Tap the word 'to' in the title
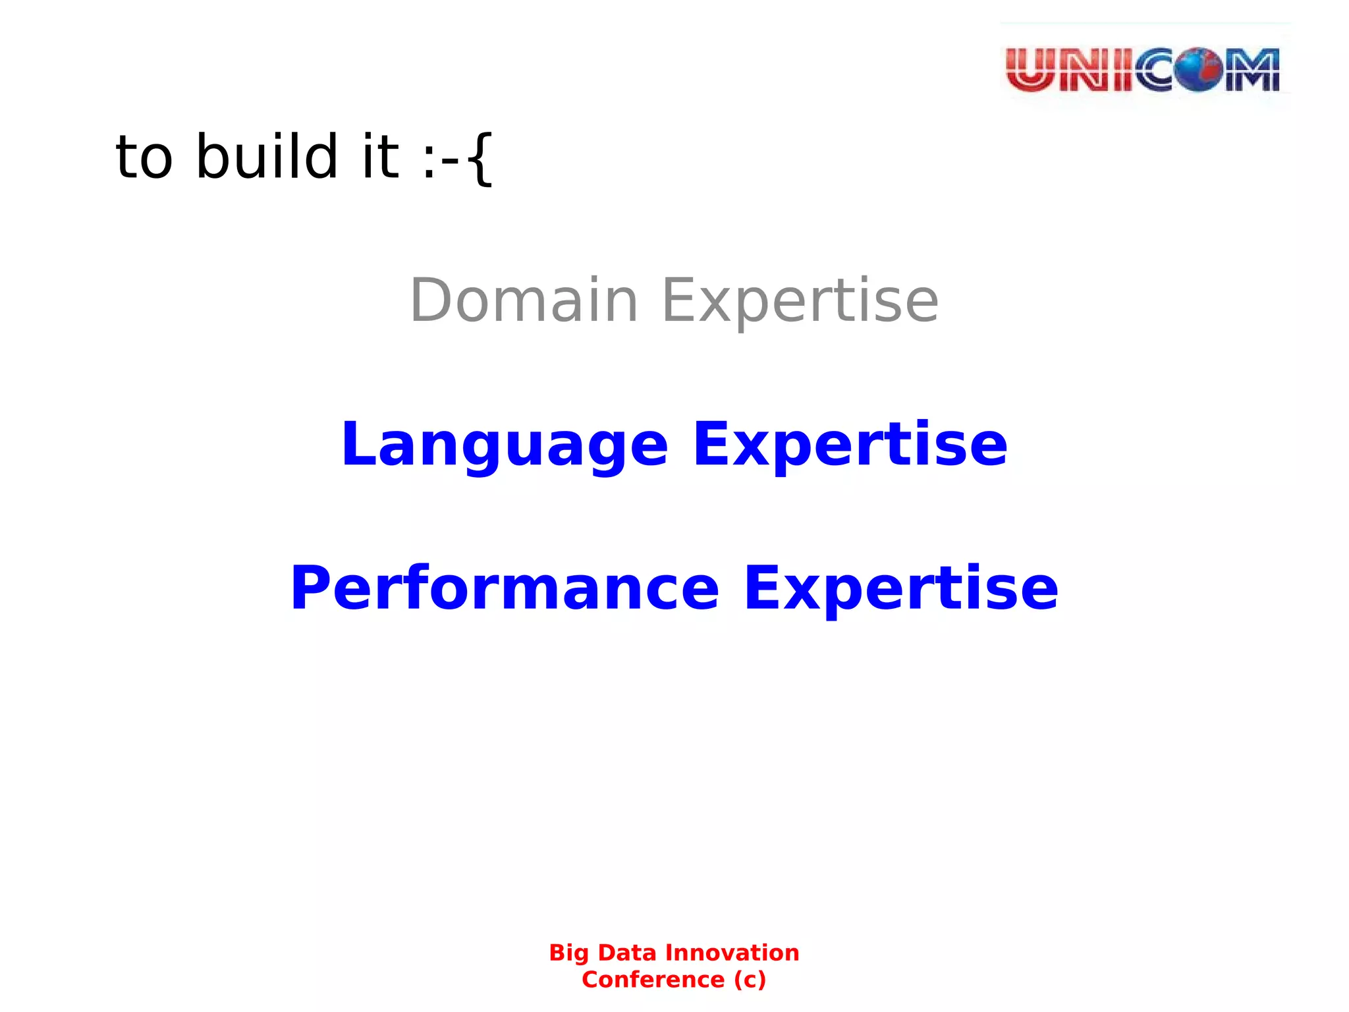click(144, 158)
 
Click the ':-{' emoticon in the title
click(457, 158)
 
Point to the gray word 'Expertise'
click(800, 302)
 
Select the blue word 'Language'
click(505, 445)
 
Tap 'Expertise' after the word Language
click(850, 445)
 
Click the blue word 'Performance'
click(505, 588)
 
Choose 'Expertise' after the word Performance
click(900, 588)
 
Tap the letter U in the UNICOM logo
click(1031, 70)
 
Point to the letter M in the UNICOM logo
click(1252, 70)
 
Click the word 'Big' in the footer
click(569, 953)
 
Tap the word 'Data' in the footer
click(626, 953)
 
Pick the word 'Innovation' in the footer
click(732, 953)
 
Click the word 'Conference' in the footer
click(653, 980)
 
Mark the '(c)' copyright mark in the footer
click(750, 980)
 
